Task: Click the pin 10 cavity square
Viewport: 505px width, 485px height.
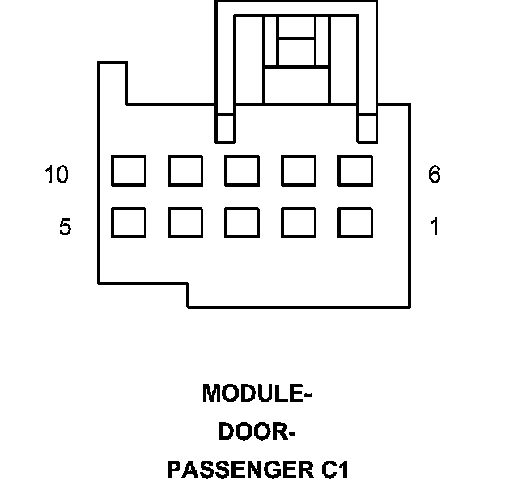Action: [x=128, y=171]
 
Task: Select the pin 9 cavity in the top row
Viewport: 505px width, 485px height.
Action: [x=185, y=171]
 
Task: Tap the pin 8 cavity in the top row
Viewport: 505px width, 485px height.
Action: [x=241, y=171]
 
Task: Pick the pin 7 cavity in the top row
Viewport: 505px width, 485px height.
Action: [x=298, y=171]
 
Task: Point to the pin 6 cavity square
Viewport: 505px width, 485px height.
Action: [x=354, y=171]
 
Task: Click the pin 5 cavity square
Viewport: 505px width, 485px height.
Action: [x=128, y=222]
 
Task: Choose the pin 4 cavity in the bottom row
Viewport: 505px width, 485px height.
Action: [x=185, y=222]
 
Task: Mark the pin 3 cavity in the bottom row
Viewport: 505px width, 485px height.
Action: [x=241, y=222]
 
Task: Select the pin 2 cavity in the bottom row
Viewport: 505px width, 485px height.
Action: [x=298, y=222]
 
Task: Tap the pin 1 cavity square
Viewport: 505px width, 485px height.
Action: [x=354, y=222]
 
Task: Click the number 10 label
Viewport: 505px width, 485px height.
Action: [x=57, y=175]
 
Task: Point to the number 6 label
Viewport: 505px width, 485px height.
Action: [x=435, y=175]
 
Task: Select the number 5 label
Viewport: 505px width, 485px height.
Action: [x=66, y=227]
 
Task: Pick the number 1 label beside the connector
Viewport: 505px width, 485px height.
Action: [x=435, y=227]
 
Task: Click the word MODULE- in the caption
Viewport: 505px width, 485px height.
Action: [x=257, y=394]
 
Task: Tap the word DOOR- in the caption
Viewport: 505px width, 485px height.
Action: [x=257, y=432]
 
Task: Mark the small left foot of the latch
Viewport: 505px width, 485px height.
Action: [x=224, y=127]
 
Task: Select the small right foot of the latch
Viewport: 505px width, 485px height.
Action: [x=368, y=127]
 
